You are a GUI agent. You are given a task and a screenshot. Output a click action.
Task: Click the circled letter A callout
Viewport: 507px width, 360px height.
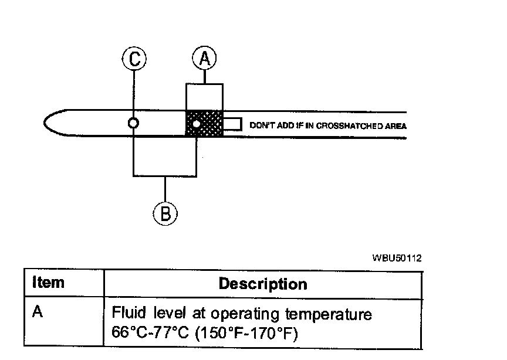coord(204,59)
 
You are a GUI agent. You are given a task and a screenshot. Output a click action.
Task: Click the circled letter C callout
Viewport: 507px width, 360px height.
coord(134,59)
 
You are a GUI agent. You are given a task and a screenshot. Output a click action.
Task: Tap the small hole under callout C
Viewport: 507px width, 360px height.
coord(134,124)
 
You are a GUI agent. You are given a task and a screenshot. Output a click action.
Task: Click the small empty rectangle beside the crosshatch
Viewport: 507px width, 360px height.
coord(233,124)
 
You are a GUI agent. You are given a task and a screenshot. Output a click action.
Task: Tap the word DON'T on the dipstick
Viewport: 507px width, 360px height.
coord(260,125)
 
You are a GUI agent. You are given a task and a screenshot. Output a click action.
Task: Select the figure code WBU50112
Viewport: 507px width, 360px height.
coord(397,258)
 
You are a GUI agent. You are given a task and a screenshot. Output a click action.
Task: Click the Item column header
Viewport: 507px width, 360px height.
coord(48,283)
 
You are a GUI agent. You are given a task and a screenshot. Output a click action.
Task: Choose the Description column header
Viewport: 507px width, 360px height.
coord(262,284)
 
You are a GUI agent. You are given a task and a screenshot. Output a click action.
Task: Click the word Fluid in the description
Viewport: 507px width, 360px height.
coord(126,314)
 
